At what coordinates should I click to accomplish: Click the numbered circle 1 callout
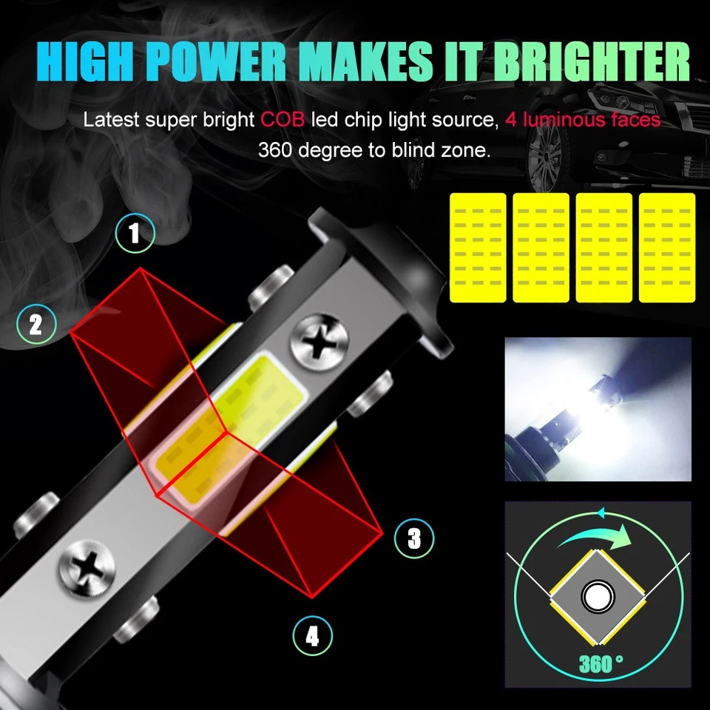click(x=135, y=234)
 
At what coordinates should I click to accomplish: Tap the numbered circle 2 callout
click(x=36, y=325)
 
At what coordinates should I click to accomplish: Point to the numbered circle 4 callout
click(x=313, y=636)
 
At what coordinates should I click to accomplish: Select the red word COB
click(x=282, y=120)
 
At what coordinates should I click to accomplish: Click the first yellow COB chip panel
click(x=478, y=248)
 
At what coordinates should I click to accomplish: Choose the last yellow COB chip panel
click(x=667, y=248)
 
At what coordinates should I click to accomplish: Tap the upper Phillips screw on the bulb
click(x=318, y=344)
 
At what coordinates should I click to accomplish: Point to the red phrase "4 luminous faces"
click(x=583, y=120)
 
